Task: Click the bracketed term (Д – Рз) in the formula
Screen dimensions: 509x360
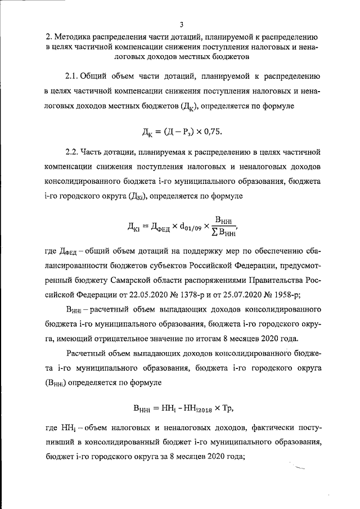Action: click(x=180, y=132)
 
